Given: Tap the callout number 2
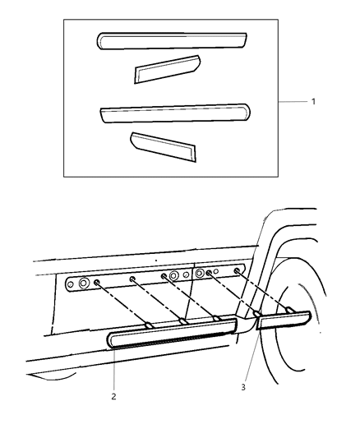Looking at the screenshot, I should [x=114, y=396].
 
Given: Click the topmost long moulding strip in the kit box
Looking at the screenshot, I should [x=172, y=39].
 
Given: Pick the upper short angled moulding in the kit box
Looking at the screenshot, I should [x=168, y=69].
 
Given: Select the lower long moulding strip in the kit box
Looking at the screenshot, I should [x=173, y=113].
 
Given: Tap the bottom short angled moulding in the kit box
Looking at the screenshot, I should [x=163, y=145].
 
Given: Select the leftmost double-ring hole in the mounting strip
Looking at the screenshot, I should [x=84, y=284].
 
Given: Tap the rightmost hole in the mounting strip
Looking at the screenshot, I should [x=237, y=270].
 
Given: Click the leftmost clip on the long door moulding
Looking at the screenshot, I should [x=150, y=325].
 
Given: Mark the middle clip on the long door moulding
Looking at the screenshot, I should [x=182, y=321].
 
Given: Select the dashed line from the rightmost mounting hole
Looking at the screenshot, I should [x=263, y=290].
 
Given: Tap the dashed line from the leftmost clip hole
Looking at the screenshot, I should [x=123, y=303].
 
